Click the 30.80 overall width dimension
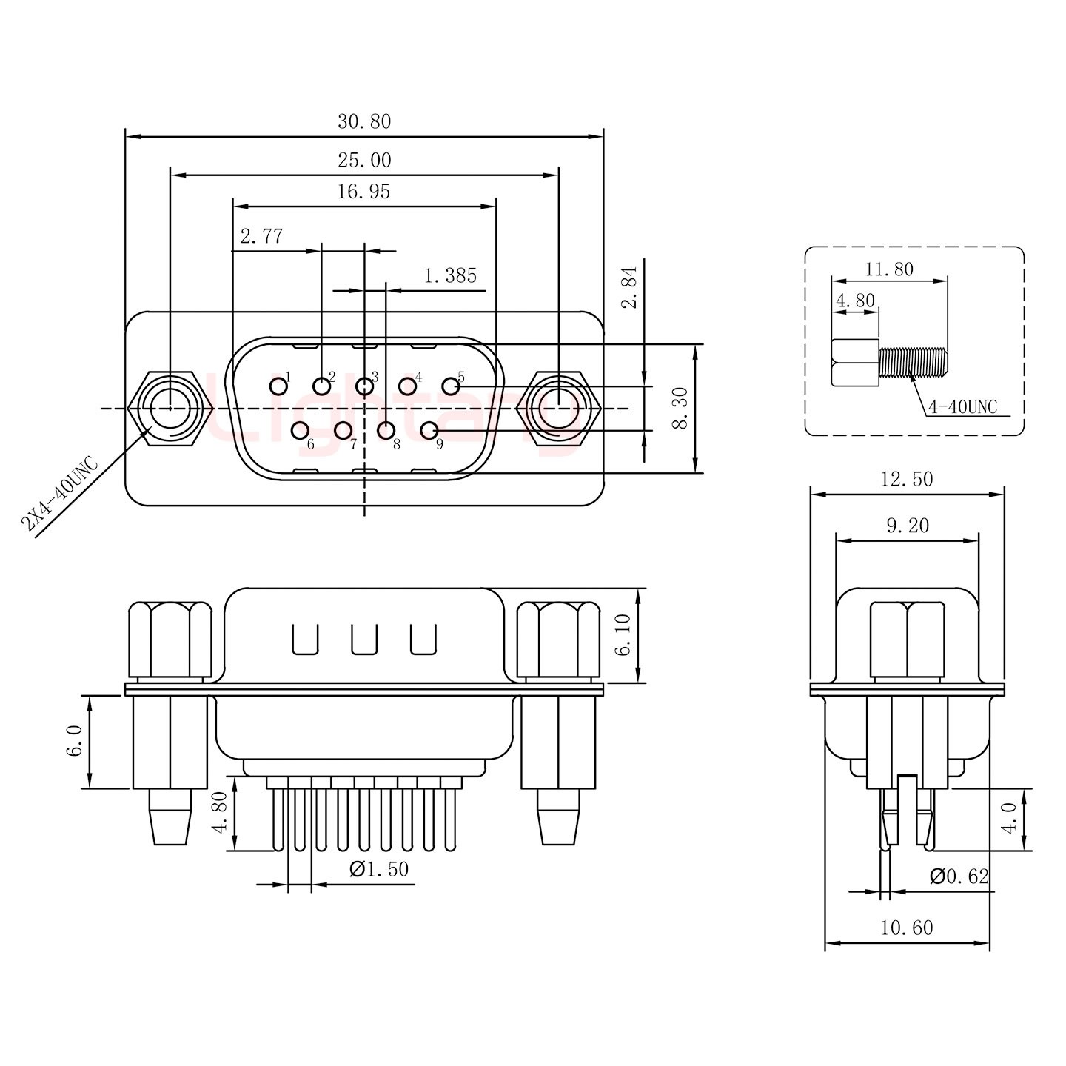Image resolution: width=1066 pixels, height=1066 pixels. pyautogui.click(x=364, y=122)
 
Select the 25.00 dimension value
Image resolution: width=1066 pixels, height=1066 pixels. pyautogui.click(x=364, y=161)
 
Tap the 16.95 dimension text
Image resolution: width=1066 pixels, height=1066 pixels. pyautogui.click(x=364, y=192)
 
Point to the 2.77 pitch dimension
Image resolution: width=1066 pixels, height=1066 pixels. pyautogui.click(x=261, y=237)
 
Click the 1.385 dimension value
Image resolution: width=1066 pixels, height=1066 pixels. pyautogui.click(x=450, y=276)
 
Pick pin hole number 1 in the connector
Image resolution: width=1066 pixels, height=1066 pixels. pyautogui.click(x=278, y=386)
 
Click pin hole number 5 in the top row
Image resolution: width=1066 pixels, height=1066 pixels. pyautogui.click(x=450, y=386)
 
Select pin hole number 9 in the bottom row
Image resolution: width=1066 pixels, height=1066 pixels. pyautogui.click(x=428, y=430)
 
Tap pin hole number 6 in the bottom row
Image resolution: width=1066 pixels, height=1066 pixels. pyautogui.click(x=301, y=430)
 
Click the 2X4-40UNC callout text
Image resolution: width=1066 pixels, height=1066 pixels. pyautogui.click(x=59, y=495)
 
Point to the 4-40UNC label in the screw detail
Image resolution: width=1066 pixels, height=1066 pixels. pyautogui.click(x=963, y=406)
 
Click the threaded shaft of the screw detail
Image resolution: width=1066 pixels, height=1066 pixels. pyautogui.click(x=913, y=362)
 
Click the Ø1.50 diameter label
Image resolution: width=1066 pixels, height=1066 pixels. pyautogui.click(x=378, y=869)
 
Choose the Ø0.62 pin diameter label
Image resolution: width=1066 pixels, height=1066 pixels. pyautogui.click(x=959, y=876)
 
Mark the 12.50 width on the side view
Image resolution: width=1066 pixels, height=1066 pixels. pyautogui.click(x=907, y=480)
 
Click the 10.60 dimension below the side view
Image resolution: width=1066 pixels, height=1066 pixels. pyautogui.click(x=907, y=928)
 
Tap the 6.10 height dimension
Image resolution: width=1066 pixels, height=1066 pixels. pyautogui.click(x=624, y=635)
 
